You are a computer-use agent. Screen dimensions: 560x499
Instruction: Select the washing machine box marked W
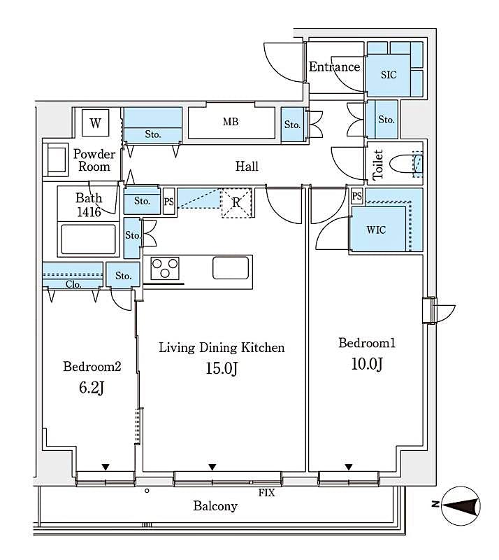pyautogui.click(x=94, y=124)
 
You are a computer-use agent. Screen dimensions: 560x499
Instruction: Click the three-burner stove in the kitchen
pyautogui.click(x=165, y=269)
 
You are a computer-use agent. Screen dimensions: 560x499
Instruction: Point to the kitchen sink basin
pyautogui.click(x=230, y=268)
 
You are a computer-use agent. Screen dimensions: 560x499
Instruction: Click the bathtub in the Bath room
pyautogui.click(x=87, y=239)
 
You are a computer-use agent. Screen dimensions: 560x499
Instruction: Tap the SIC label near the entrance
pyautogui.click(x=389, y=74)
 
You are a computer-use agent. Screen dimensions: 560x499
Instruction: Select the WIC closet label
pyautogui.click(x=376, y=230)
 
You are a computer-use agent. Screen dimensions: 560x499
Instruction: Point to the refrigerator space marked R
pyautogui.click(x=237, y=203)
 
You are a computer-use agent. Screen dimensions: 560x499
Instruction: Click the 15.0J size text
pyautogui.click(x=222, y=369)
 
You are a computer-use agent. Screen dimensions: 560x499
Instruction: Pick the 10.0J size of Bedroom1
pyautogui.click(x=367, y=364)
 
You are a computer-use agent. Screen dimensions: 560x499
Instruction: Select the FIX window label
pyautogui.click(x=266, y=493)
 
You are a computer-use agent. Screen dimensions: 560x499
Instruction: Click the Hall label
pyautogui.click(x=247, y=166)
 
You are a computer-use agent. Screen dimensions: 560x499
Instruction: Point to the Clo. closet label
pyautogui.click(x=73, y=284)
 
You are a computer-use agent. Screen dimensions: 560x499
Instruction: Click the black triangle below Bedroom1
pyautogui.click(x=348, y=468)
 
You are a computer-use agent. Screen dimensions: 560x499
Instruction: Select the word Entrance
pyautogui.click(x=334, y=67)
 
